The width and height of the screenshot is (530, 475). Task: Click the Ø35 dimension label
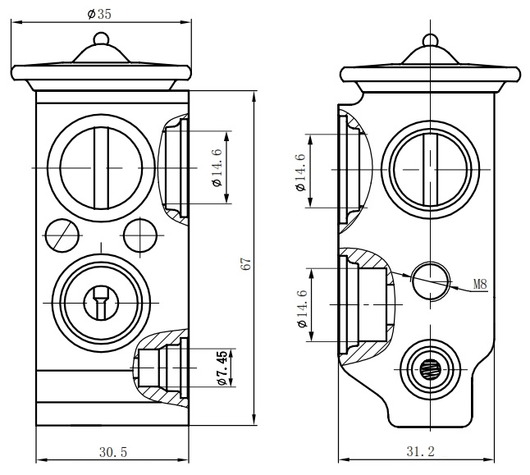[x=99, y=14]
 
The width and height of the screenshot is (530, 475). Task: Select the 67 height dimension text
[x=246, y=263]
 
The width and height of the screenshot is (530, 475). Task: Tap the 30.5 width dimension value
[x=113, y=452]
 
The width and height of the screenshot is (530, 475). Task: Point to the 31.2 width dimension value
[x=421, y=451]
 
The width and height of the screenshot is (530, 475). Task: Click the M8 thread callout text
[x=480, y=285]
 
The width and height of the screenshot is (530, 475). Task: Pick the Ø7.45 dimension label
[x=222, y=368]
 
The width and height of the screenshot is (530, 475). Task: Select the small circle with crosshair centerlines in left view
[x=140, y=235]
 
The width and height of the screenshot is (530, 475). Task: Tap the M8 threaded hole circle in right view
[x=431, y=281]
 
